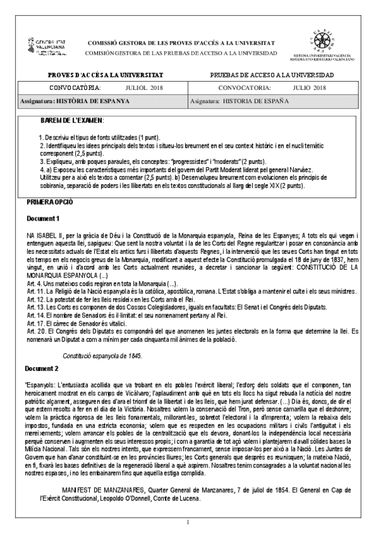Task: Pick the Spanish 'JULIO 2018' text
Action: [309, 87]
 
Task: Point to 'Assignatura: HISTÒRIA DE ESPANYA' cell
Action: [75, 101]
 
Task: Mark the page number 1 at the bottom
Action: [188, 522]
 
